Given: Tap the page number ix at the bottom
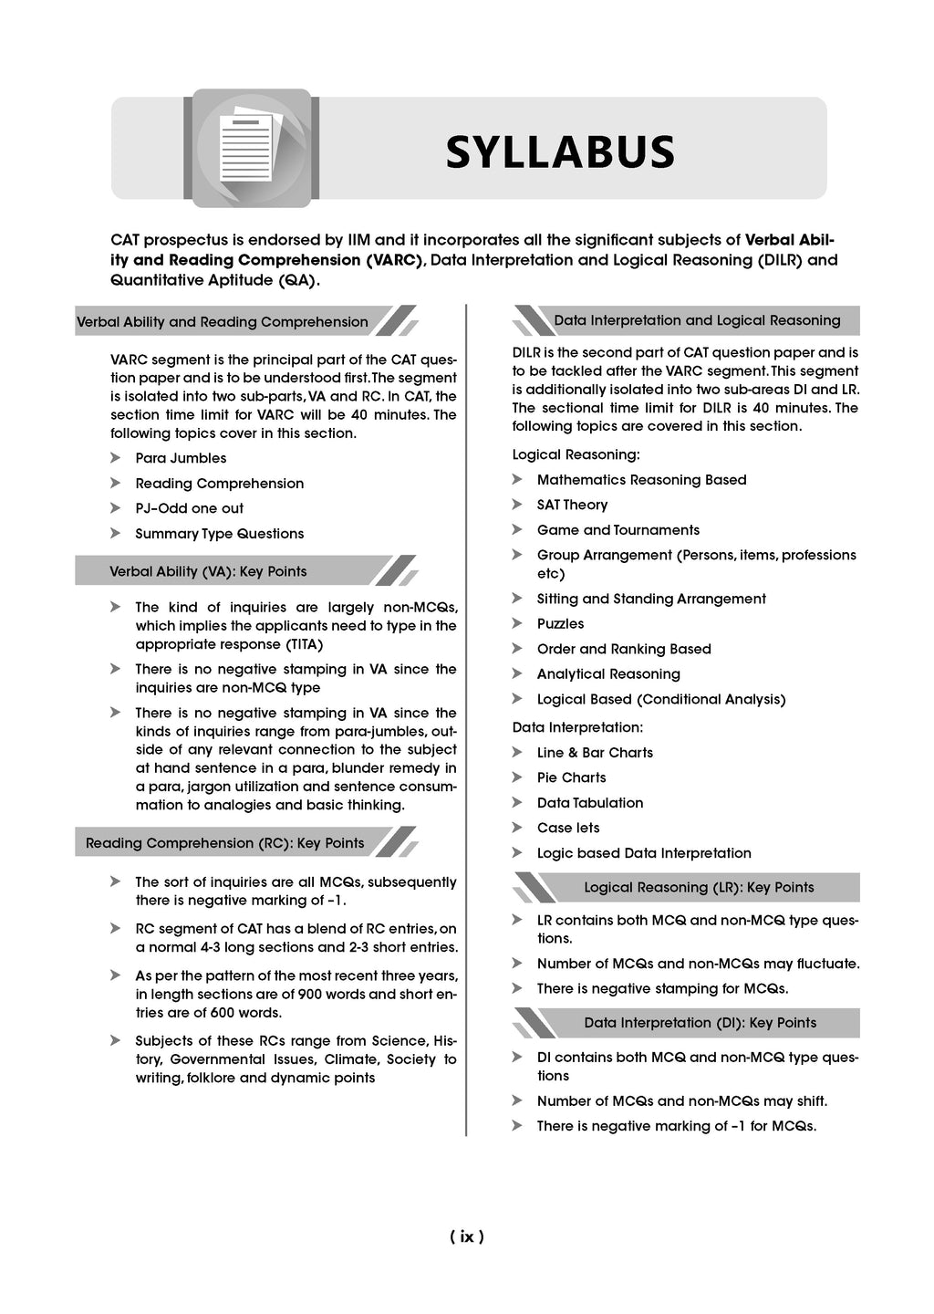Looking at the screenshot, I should [466, 1236].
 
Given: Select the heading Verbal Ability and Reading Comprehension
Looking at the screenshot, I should [223, 322].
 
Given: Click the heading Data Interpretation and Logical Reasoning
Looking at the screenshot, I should [697, 320].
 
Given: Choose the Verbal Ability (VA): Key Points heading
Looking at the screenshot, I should [208, 571].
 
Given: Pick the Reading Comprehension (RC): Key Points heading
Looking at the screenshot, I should [224, 843].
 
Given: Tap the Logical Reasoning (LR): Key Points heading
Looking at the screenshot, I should [699, 887].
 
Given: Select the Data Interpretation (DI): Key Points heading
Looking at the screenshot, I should [700, 1023].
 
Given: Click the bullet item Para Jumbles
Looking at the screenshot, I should [181, 458].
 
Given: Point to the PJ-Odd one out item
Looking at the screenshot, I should [189, 508].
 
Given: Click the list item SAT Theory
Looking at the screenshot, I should [572, 505].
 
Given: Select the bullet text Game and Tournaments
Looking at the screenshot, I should [617, 530].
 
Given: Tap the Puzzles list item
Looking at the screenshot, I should [560, 624].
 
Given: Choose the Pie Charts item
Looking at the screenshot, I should [571, 777].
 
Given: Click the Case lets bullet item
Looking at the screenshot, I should [568, 828].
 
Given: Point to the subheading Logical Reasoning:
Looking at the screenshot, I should [576, 454].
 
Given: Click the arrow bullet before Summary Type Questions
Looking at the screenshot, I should [116, 533].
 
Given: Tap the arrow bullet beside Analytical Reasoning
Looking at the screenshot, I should [517, 673].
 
